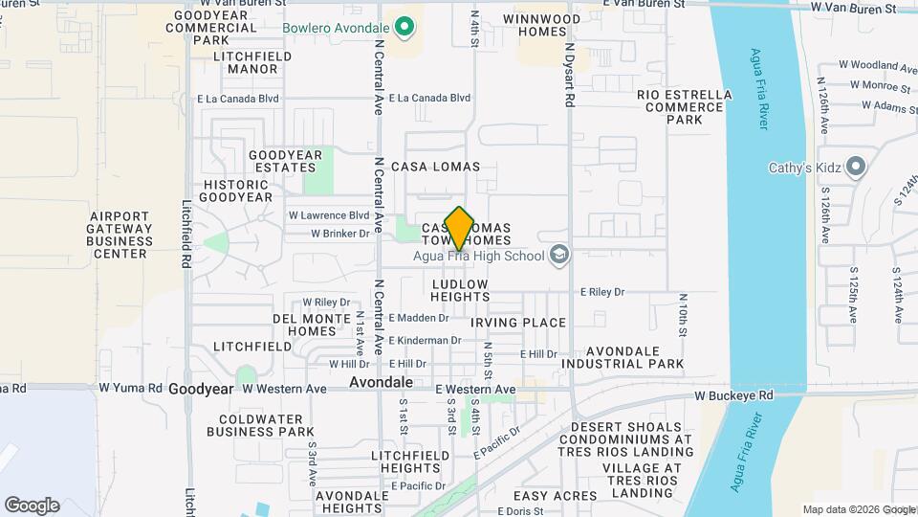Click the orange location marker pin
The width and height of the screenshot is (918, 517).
pos(459,228)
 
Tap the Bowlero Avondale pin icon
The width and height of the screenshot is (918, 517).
pos(405,27)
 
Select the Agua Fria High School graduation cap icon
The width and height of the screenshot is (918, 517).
pos(559,255)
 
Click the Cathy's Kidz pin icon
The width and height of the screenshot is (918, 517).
pos(856,168)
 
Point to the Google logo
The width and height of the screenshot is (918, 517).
pos(32,506)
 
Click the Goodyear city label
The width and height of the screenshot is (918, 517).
pos(201,390)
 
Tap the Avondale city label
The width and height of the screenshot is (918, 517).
pos(381,381)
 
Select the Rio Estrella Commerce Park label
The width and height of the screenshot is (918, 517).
pos(685,107)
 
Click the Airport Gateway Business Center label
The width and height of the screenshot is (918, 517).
pos(120,235)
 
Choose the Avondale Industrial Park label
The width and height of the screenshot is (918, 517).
pos(622,357)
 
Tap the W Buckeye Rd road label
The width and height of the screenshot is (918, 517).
pos(733,394)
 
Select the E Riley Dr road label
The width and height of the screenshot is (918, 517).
pos(601,292)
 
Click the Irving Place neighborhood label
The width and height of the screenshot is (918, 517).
pos(518,323)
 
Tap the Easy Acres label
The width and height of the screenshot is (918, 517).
pos(556,496)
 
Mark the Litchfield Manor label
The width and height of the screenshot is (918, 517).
pos(246,63)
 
